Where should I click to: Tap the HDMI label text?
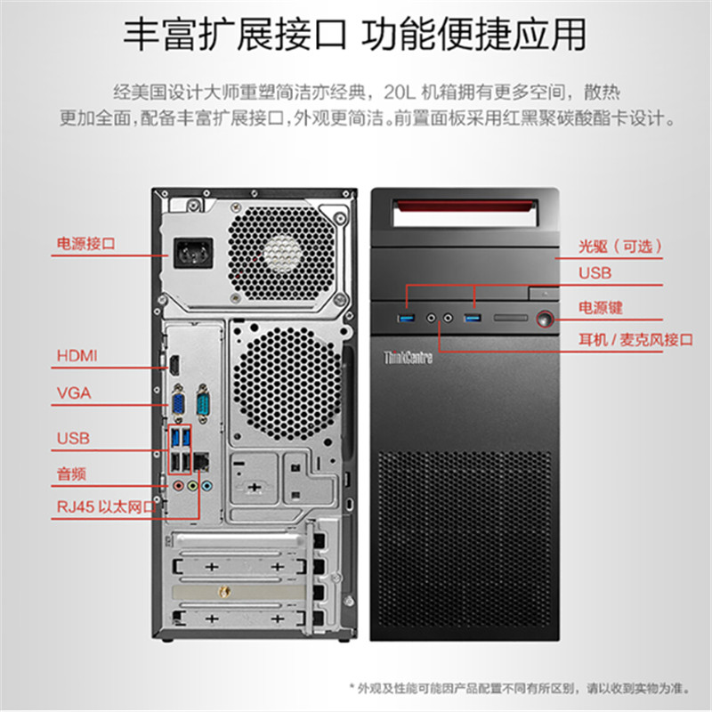(77, 356)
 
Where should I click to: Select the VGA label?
(74, 392)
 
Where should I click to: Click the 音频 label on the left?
(71, 474)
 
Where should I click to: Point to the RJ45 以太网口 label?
(105, 507)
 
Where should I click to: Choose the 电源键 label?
(601, 307)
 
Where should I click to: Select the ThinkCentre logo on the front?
(407, 358)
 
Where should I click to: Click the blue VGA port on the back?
(178, 404)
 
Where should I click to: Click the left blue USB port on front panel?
(408, 318)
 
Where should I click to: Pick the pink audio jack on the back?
(179, 487)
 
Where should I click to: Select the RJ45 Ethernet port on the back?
(202, 462)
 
